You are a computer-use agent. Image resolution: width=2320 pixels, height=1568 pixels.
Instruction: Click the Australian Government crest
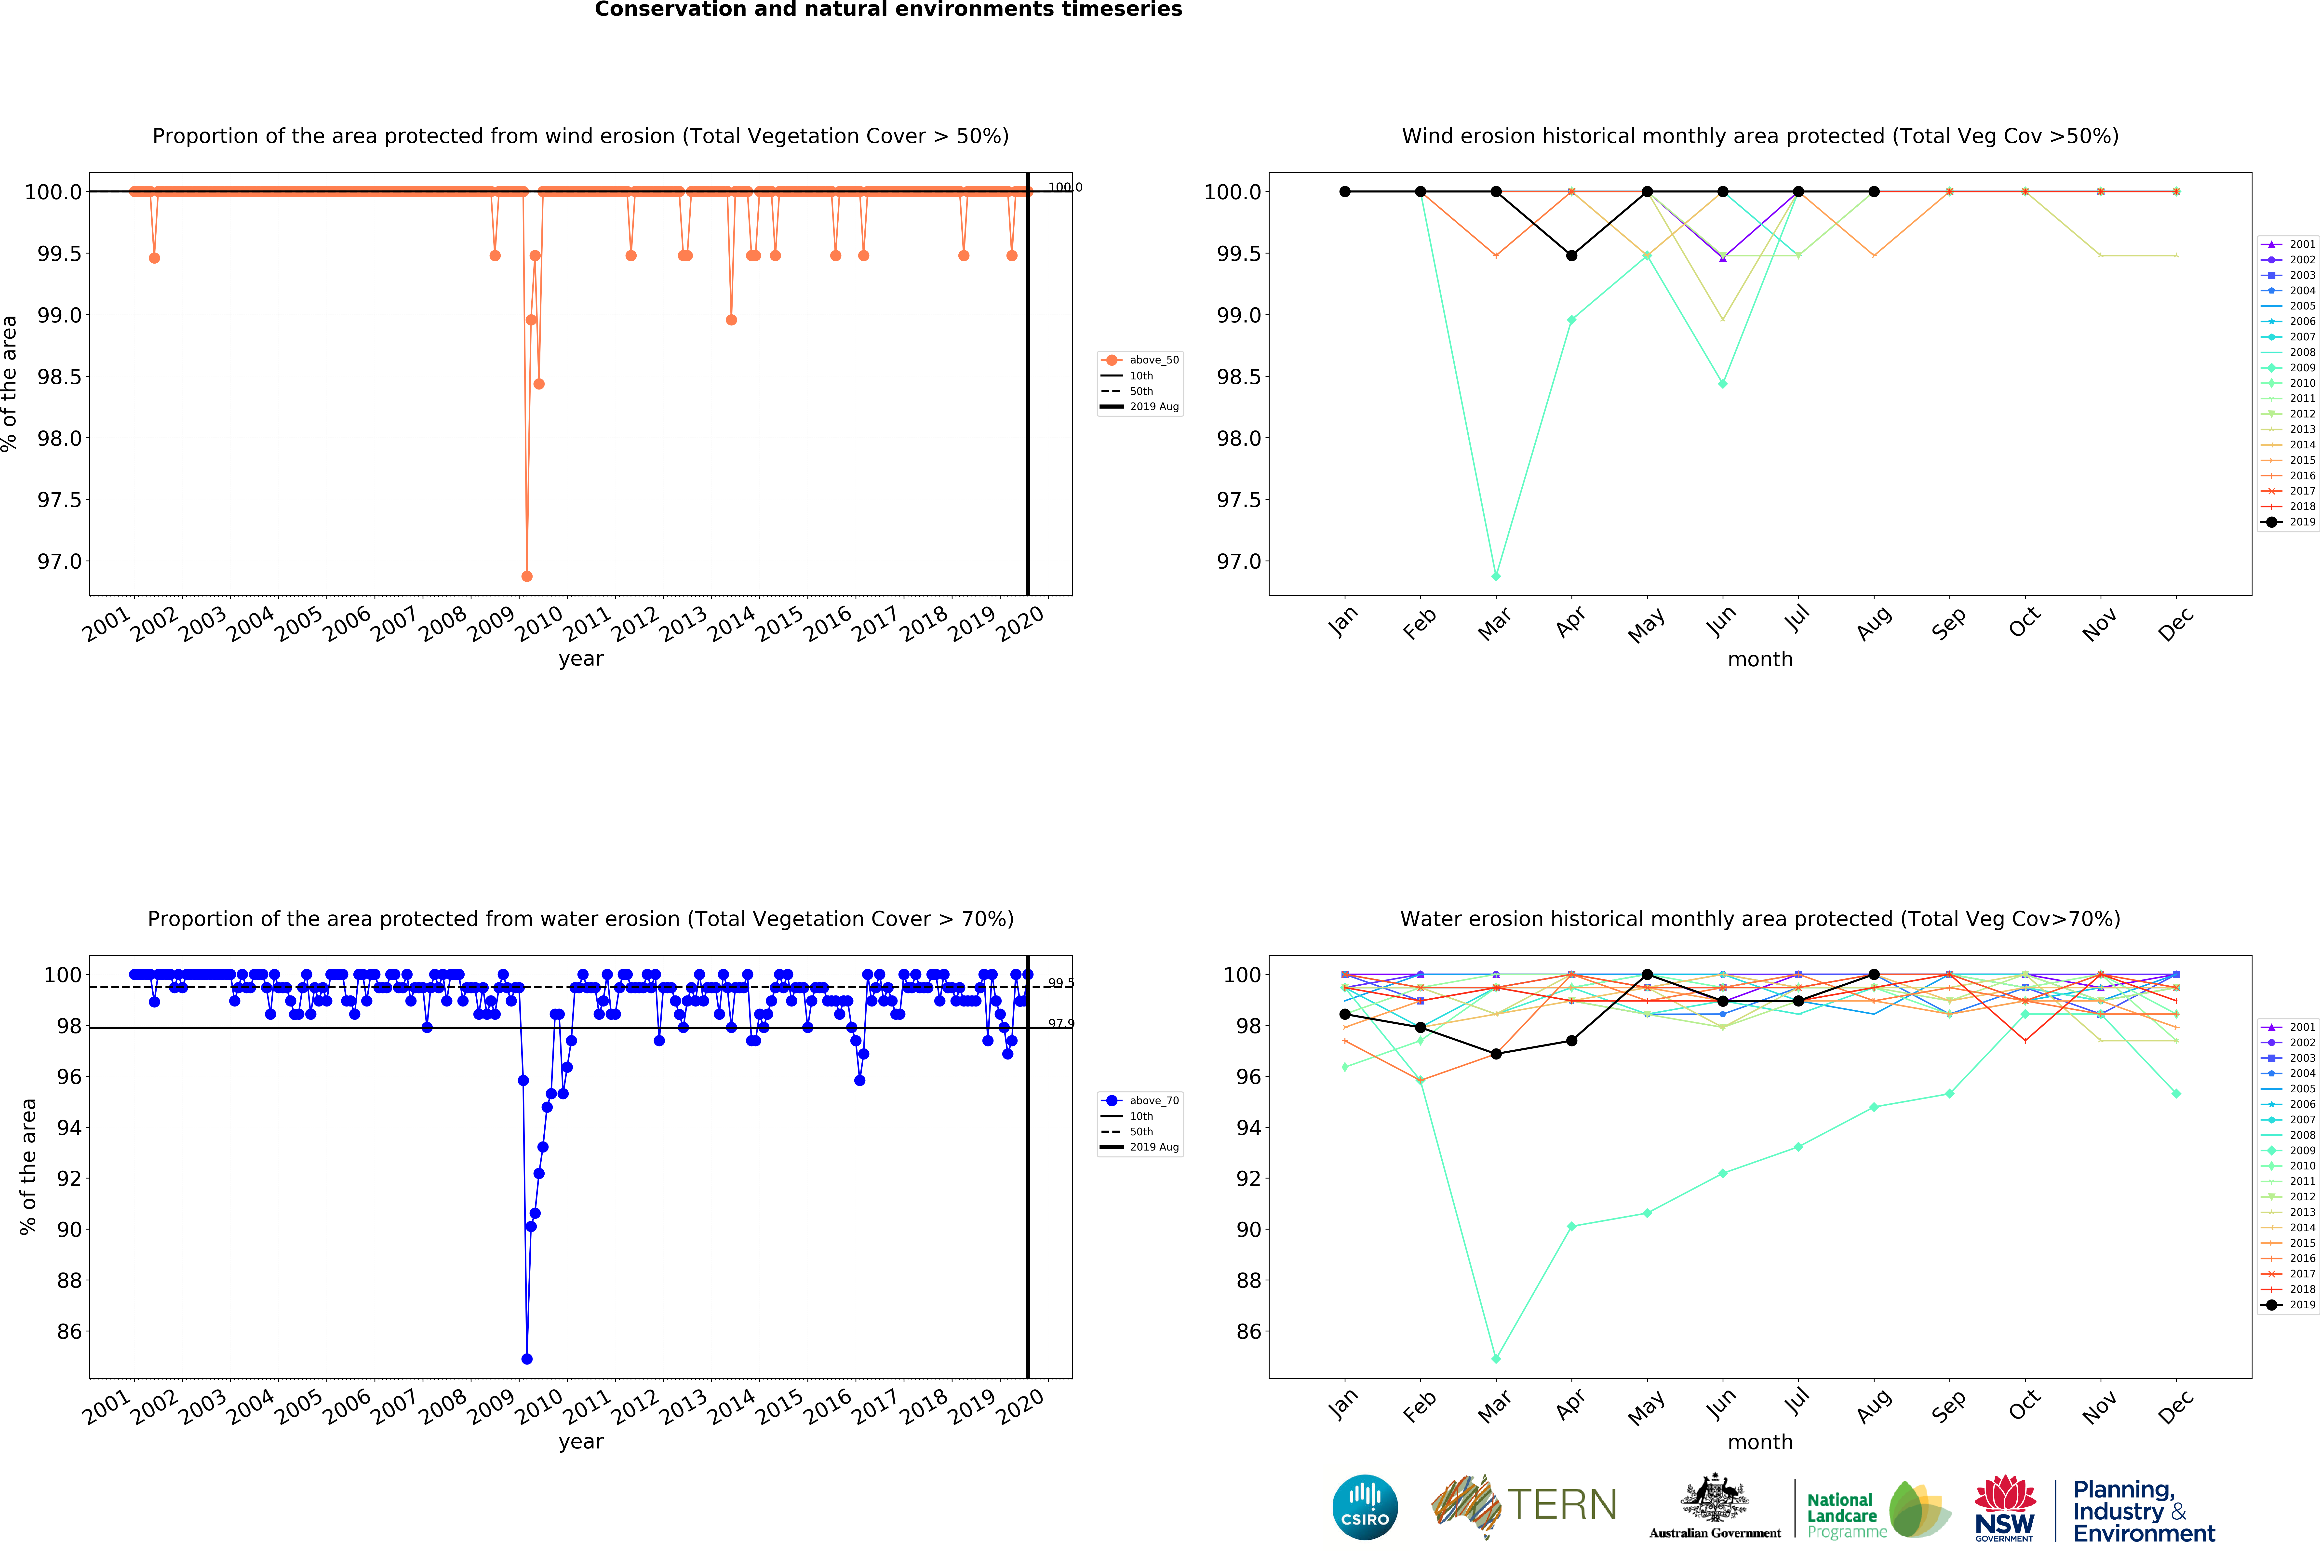1714,1497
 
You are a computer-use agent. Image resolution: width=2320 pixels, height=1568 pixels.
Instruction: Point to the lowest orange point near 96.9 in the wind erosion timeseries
527,576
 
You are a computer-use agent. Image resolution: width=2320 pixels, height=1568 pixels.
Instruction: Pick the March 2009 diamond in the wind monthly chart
1495,576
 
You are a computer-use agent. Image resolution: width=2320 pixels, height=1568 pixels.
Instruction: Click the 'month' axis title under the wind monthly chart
1760,660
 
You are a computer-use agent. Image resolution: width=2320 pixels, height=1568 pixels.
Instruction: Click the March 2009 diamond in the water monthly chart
1495,1358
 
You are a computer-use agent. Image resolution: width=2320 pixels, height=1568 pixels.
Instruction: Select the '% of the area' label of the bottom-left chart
28,1166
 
